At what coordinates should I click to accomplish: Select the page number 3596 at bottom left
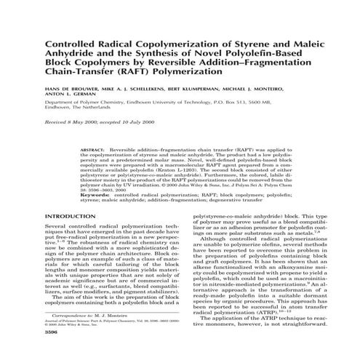[52, 353]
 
